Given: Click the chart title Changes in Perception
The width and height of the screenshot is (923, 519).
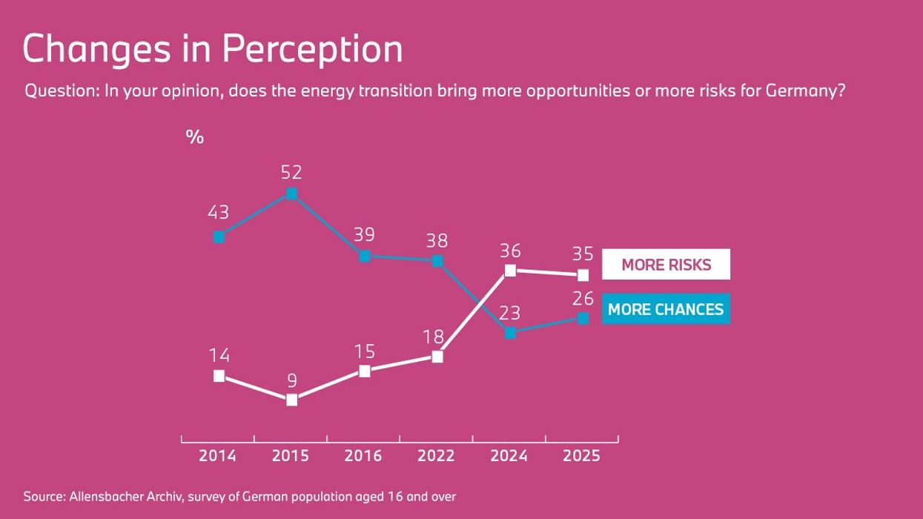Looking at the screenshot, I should pos(213,49).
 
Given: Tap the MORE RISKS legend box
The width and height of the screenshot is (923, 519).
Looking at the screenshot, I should pos(666,265).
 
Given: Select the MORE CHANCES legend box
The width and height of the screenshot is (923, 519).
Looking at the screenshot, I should pos(666,309).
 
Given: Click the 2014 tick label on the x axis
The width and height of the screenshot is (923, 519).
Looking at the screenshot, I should pos(217,456).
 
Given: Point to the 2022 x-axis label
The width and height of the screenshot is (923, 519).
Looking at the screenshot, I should pos(436,456).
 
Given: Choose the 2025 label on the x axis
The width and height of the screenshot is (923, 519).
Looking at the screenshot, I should pos(581,456).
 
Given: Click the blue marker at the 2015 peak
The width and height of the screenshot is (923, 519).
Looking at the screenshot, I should pos(292,194).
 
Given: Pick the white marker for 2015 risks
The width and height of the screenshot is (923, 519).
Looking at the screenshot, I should pos(292,400).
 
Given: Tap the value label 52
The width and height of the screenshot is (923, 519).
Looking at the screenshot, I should pos(291,172).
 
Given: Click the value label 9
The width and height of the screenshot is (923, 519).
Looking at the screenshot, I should pos(292,380).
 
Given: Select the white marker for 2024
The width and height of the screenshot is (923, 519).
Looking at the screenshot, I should pos(510,271).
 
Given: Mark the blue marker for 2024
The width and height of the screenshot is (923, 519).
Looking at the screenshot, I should pos(510,333).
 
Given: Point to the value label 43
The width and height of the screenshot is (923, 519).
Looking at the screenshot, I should pos(218,213).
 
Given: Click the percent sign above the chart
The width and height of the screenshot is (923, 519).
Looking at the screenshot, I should pos(194,137).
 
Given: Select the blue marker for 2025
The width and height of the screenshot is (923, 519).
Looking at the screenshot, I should pos(583,318).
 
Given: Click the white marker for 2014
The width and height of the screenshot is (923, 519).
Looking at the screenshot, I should pos(219,376).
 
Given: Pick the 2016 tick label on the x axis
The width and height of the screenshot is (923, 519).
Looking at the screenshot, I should pos(363,456).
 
